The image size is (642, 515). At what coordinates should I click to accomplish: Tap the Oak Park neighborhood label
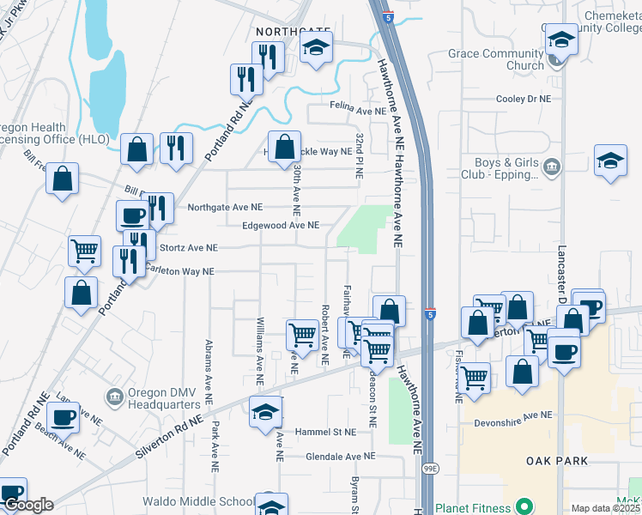[x=557, y=461]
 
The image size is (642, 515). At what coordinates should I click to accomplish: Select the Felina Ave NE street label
[x=359, y=112]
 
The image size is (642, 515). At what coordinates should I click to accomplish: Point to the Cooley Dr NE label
[x=522, y=100]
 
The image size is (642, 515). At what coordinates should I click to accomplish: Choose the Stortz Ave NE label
[x=189, y=248]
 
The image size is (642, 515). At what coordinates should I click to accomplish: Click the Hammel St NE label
[x=325, y=432]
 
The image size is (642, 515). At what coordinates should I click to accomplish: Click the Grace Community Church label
[x=496, y=59]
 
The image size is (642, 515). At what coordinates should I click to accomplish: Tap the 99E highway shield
[x=430, y=469]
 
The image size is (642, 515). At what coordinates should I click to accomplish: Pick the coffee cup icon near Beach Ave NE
[x=63, y=417]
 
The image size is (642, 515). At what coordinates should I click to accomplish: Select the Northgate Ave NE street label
[x=225, y=207]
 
